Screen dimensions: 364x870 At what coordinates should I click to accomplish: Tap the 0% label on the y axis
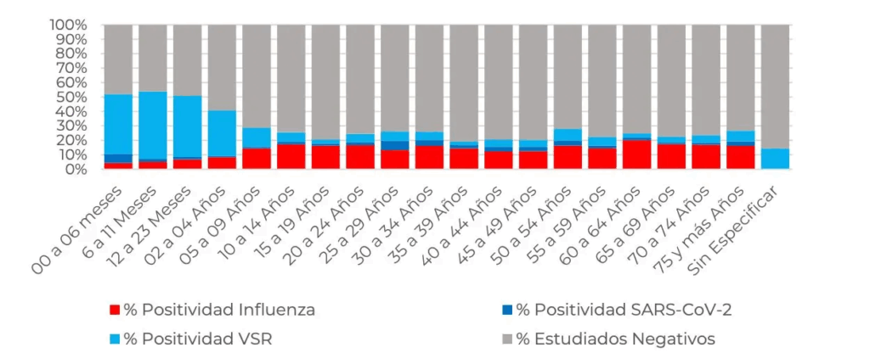coord(74,169)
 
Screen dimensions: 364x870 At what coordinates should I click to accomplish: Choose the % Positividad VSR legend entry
coord(199,339)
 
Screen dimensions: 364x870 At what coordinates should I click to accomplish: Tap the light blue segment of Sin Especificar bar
coord(775,159)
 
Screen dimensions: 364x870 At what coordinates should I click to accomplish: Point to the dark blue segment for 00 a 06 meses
coord(118,159)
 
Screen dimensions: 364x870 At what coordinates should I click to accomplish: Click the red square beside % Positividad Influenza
coord(115,310)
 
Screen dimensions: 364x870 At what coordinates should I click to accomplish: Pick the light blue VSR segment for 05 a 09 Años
coord(257,138)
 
